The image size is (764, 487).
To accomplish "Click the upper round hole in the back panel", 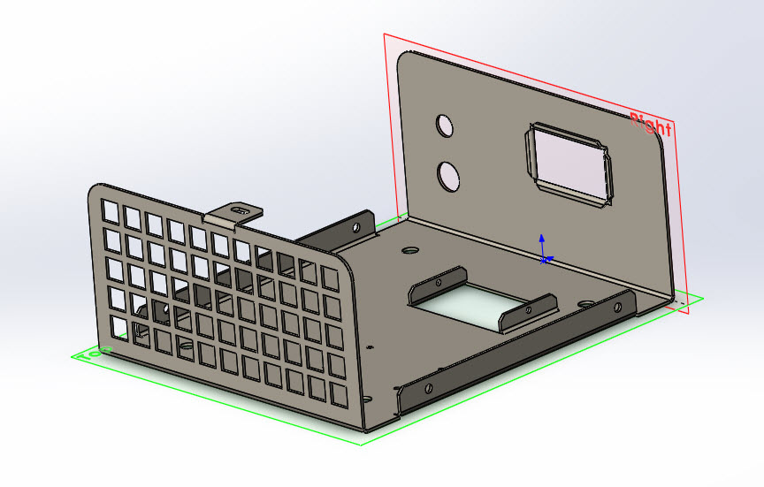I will coord(445,125).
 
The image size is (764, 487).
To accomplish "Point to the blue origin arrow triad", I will coord(543,251).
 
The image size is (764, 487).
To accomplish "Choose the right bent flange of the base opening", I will coord(529,311).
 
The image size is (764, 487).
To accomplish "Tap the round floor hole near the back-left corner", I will coord(409,250).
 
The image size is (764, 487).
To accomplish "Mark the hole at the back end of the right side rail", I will coord(609,305).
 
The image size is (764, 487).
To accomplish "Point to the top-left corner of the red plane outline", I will coord(384,34).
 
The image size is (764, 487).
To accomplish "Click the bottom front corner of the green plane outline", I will coord(361,444).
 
